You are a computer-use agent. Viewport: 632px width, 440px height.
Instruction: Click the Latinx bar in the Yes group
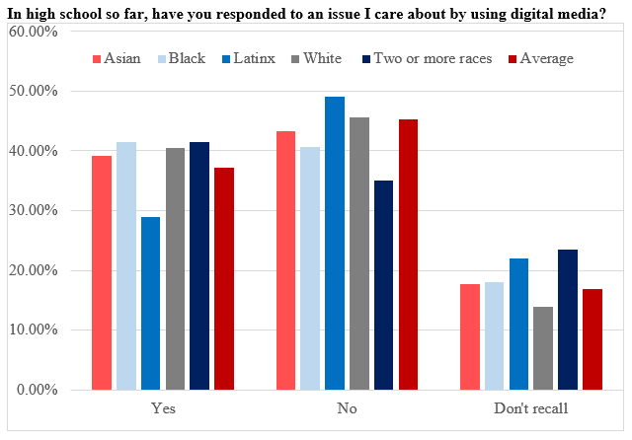click(150, 303)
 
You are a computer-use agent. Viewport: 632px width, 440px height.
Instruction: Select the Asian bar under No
click(285, 260)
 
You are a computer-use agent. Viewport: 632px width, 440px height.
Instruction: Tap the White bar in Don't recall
click(543, 348)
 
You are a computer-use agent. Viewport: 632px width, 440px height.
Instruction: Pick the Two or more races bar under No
click(384, 285)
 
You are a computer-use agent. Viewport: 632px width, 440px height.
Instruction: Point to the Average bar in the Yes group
click(224, 278)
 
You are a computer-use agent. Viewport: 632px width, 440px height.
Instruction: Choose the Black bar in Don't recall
click(494, 335)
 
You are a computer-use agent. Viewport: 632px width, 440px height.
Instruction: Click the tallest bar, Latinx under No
click(335, 243)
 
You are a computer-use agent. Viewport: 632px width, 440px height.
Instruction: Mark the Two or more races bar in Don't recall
click(568, 320)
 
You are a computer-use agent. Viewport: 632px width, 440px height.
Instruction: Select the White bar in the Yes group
click(176, 269)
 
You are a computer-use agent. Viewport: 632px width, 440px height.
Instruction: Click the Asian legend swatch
click(97, 59)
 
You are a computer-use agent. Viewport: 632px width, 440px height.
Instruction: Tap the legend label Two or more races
click(433, 58)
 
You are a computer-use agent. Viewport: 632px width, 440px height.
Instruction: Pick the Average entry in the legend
click(541, 59)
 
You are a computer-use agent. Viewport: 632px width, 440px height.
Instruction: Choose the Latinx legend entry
click(249, 58)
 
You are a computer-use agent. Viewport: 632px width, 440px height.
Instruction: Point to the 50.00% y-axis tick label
click(33, 91)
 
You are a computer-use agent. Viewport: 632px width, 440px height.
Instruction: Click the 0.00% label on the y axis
click(38, 390)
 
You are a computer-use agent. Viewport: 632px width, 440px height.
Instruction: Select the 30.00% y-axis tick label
click(33, 210)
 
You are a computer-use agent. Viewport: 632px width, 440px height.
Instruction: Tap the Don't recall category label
click(531, 408)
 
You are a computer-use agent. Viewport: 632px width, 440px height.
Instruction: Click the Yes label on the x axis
click(163, 408)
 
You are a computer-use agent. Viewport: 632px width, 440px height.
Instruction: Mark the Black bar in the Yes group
click(126, 265)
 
